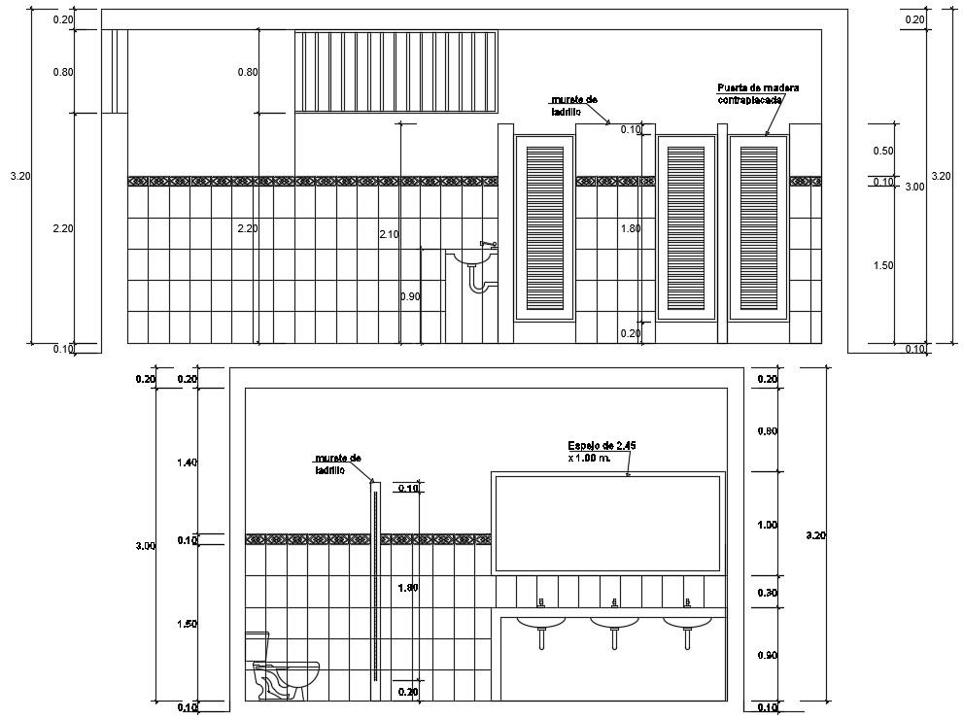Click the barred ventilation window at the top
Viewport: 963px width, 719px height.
coord(396,71)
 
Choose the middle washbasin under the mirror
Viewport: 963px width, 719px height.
coord(614,622)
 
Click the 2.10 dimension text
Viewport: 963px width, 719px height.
coord(390,234)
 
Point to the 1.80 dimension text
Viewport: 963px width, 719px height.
coord(631,227)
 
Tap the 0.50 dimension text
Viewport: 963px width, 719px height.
coord(882,151)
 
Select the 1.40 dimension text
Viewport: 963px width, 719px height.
coord(187,462)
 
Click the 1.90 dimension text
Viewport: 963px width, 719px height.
coord(408,587)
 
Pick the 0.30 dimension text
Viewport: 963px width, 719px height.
coord(767,593)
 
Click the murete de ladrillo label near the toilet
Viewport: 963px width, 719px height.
coord(337,463)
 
